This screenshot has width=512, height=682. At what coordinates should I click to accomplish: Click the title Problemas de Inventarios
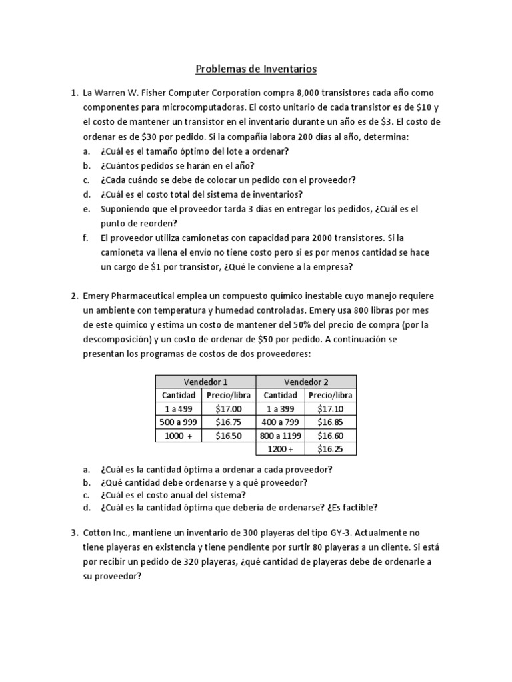256,68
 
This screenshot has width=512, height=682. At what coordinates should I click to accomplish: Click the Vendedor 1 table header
205,382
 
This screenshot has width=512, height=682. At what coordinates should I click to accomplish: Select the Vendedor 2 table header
306,382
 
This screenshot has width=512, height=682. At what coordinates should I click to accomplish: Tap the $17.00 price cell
229,409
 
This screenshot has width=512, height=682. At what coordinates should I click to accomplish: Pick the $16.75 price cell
229,422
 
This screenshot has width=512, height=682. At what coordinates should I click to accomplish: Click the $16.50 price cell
229,436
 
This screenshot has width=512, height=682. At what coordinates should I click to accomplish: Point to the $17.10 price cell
331,409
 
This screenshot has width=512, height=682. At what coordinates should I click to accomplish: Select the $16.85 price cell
331,422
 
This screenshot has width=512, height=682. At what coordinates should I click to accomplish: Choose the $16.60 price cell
331,436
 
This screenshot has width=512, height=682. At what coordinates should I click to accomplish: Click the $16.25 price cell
331,449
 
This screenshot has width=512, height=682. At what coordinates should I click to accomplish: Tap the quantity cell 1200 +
281,449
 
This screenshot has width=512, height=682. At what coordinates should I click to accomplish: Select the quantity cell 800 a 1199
281,436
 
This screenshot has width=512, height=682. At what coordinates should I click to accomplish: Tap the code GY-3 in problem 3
343,533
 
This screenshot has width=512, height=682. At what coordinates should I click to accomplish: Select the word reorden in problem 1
143,223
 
